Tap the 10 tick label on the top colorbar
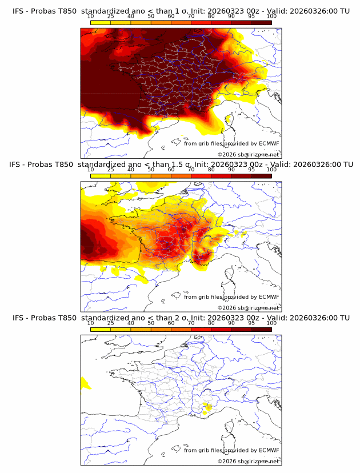pos(91,17)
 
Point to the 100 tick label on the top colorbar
pos(271,17)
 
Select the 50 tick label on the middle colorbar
pos(151,170)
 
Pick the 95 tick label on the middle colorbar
pos(251,170)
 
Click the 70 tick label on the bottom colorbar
pos(191,323)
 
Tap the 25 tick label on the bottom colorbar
pos(111,323)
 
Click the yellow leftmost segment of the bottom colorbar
pos(101,329)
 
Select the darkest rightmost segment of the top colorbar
pos(261,22)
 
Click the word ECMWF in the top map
pos(269,143)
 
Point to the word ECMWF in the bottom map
pos(269,450)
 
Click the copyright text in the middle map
pos(248,307)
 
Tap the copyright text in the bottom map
pos(248,461)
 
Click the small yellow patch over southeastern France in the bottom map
pos(207,407)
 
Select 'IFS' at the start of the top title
pos(18,11)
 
